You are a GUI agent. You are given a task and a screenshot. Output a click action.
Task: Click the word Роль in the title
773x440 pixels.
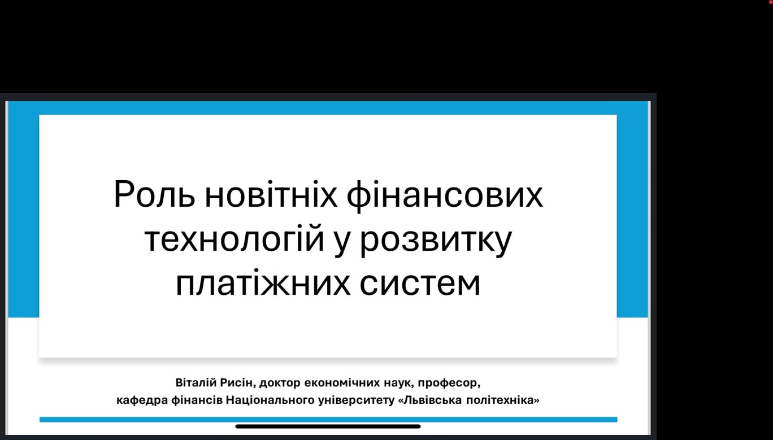tap(155, 194)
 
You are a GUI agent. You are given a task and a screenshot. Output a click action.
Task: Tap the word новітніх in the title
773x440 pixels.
tap(271, 194)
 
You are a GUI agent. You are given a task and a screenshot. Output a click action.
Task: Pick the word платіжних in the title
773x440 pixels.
tap(263, 283)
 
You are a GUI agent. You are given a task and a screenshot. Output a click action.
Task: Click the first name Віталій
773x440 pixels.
tap(196, 382)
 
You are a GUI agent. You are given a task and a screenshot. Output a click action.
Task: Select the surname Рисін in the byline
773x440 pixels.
tap(238, 383)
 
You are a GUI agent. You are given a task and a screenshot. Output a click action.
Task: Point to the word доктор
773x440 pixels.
tap(280, 384)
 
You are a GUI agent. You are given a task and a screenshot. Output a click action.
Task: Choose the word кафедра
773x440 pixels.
tap(142, 400)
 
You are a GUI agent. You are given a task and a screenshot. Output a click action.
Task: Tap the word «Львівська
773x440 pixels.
tap(430, 400)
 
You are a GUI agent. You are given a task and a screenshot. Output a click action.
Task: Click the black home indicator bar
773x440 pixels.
tap(328, 426)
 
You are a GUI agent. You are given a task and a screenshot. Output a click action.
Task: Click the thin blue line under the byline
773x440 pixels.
tap(328, 419)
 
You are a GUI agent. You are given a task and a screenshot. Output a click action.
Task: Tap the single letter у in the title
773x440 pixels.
tap(342, 243)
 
